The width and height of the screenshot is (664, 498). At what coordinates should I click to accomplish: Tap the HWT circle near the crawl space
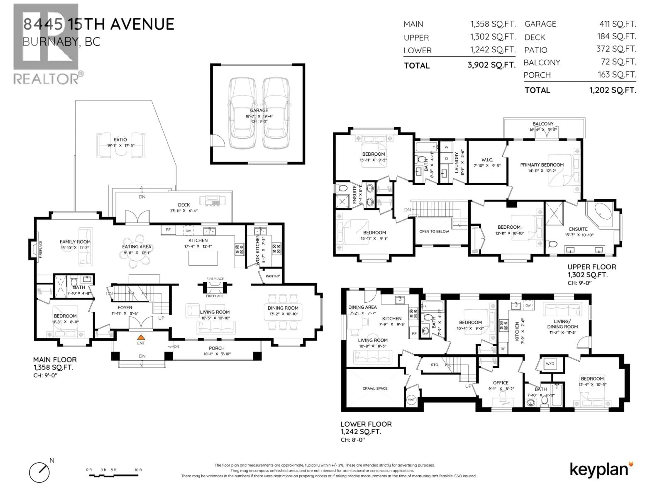[411, 400]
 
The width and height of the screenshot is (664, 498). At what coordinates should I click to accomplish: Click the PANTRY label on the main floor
[273, 276]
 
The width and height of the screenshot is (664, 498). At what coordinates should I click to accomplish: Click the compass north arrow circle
[39, 472]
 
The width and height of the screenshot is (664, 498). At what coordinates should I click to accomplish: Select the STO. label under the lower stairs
[435, 365]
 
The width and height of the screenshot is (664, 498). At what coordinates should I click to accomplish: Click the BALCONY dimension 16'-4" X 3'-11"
[543, 130]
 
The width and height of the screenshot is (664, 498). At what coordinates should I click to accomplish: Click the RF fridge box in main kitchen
[168, 230]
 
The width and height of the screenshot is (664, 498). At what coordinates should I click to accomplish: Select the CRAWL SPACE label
[375, 388]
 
